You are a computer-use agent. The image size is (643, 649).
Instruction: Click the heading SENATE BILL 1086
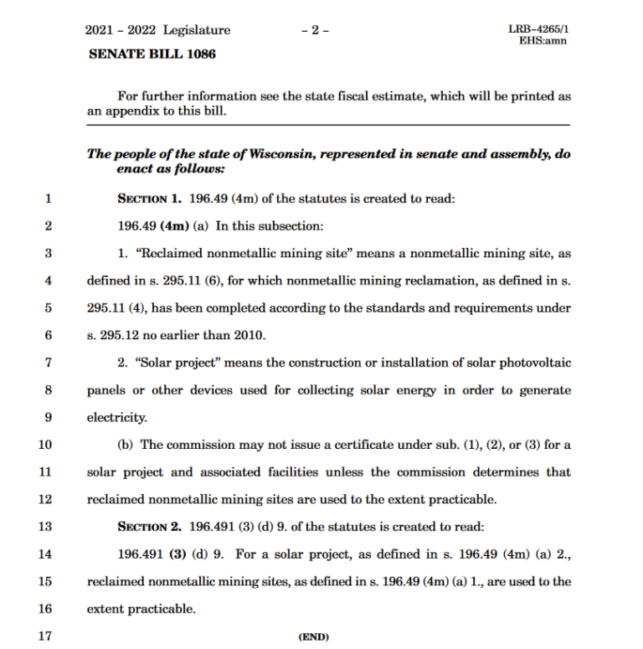[x=151, y=54]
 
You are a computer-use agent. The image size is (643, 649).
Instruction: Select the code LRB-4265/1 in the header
[x=538, y=29]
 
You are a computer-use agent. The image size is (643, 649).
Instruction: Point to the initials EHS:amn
[x=543, y=40]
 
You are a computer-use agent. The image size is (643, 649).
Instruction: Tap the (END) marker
[x=313, y=636]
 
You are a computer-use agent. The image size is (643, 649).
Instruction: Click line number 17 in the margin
[x=45, y=636]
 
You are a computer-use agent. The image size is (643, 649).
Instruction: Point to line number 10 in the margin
[x=45, y=445]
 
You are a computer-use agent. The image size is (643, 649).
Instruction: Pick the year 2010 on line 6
[x=249, y=336]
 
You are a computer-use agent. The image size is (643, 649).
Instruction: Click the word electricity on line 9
[x=117, y=417]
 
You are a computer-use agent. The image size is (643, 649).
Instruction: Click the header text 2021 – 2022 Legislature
[x=157, y=30]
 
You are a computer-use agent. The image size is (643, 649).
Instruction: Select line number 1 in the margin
[x=48, y=199]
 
